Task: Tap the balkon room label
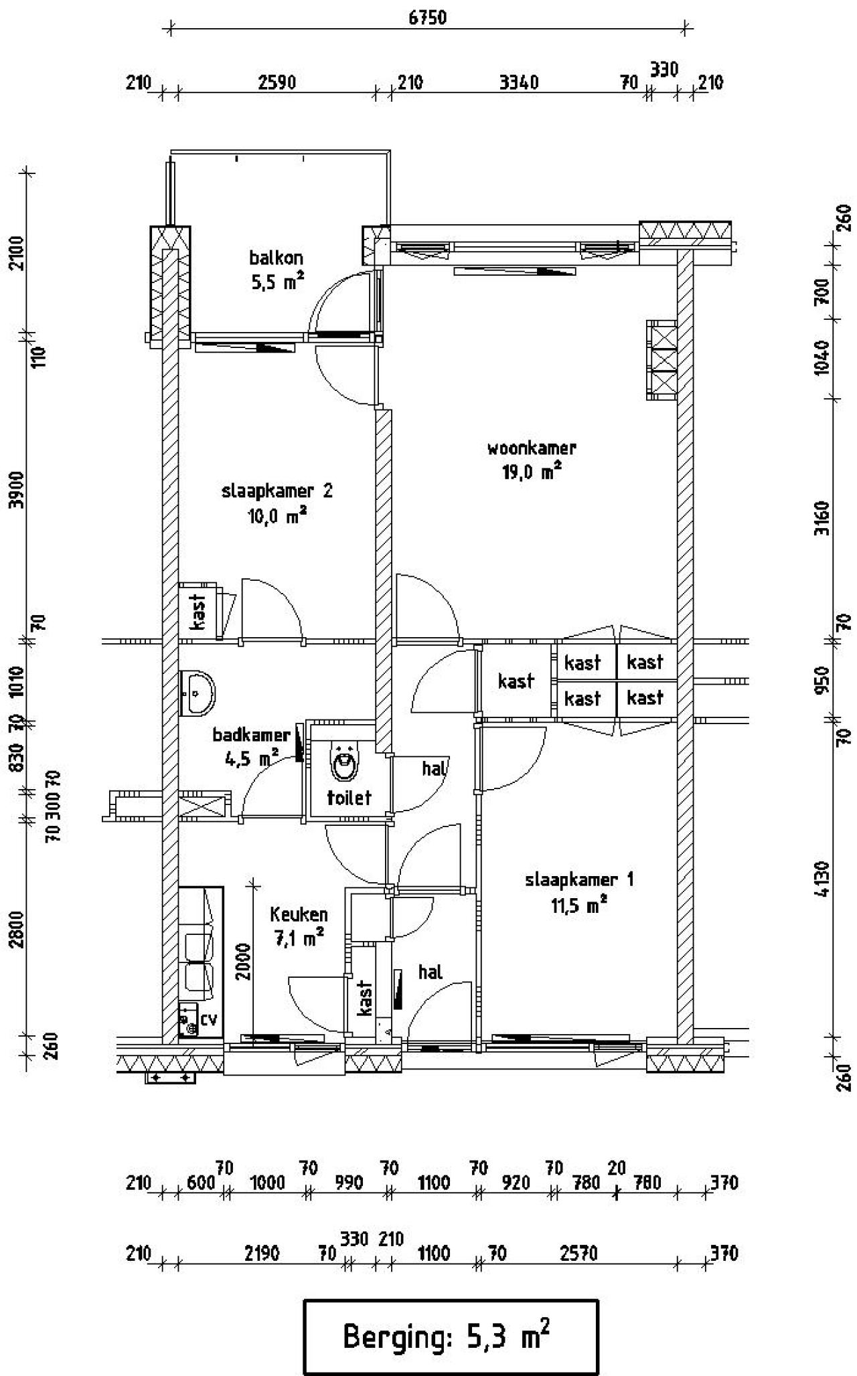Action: point(276,258)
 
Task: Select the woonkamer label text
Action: point(532,448)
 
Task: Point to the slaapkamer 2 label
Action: point(277,491)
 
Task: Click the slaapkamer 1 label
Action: point(579,879)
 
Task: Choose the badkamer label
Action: point(252,735)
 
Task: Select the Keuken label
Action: point(299,914)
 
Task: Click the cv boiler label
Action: point(209,1019)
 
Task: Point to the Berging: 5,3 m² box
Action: point(451,1337)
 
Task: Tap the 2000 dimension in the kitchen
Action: point(244,962)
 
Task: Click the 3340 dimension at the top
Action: point(519,82)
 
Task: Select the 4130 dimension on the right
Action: point(824,880)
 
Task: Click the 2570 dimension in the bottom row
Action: point(578,1253)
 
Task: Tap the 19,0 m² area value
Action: point(532,472)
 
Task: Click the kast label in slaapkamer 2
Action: point(199,612)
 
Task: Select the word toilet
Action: point(349,798)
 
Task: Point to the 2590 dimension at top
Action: point(277,82)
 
